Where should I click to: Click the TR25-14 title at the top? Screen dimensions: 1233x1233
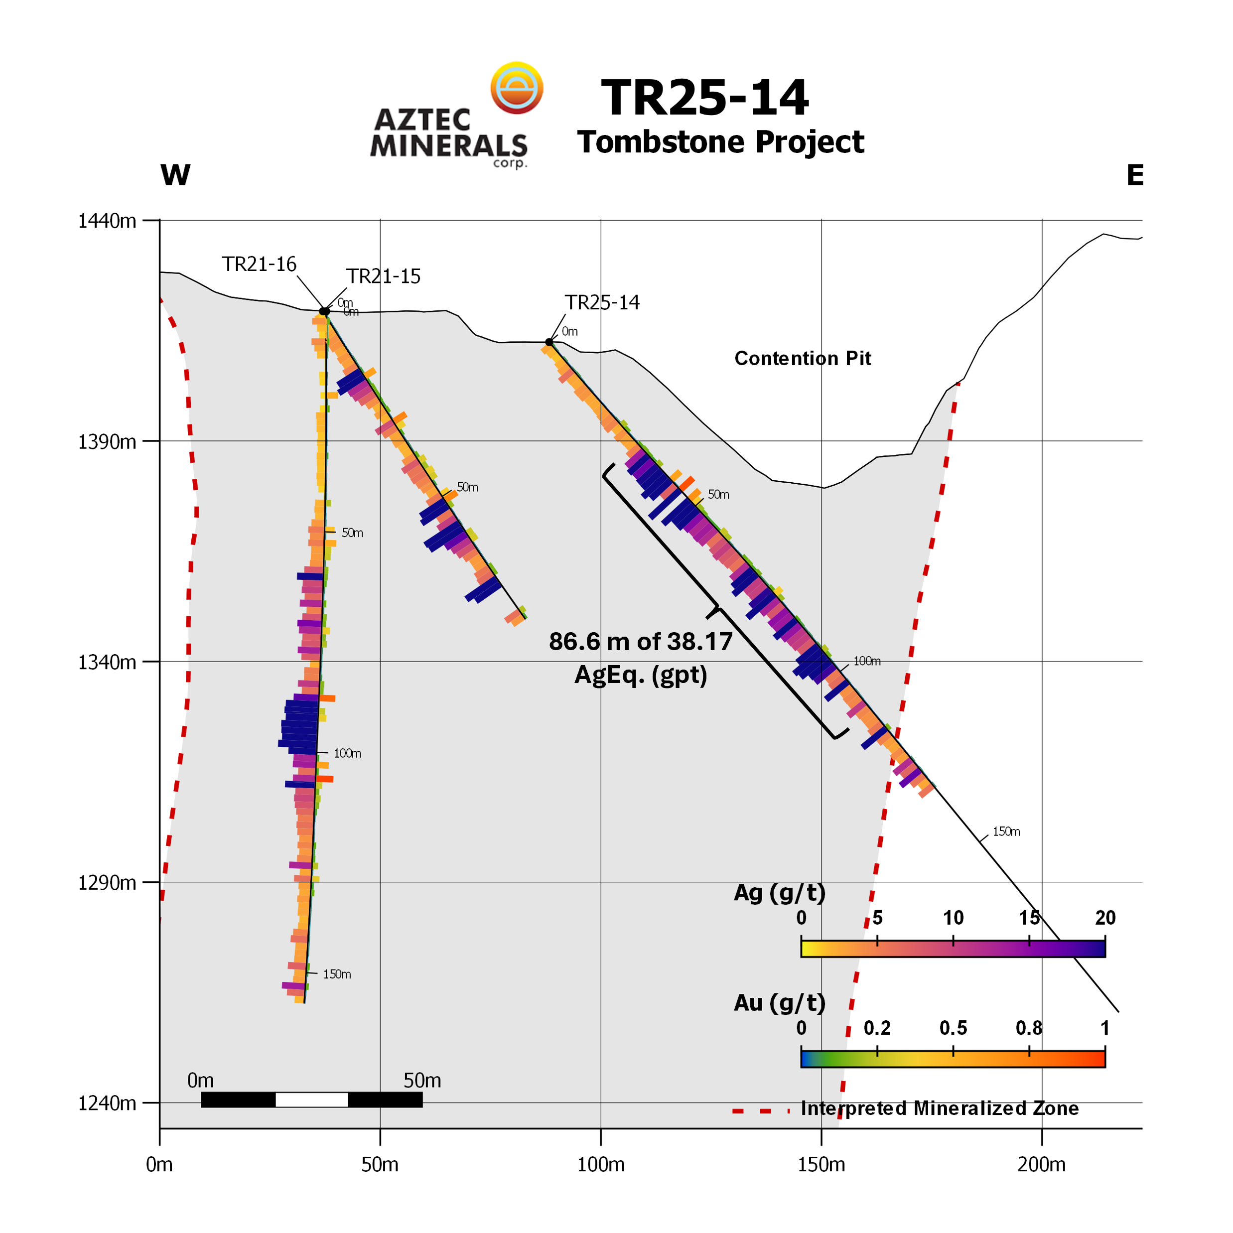click(x=704, y=98)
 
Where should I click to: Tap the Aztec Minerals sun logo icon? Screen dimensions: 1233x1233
click(x=516, y=88)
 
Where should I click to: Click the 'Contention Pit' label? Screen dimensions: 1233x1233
click(x=802, y=359)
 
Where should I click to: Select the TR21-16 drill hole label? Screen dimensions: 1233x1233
click(x=259, y=264)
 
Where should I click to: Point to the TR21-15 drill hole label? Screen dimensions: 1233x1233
click(x=383, y=276)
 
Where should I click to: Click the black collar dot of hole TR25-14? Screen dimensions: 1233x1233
click(x=549, y=342)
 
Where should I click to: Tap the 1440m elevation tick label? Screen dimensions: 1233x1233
click(x=107, y=221)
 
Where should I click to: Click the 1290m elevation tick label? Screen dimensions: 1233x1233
click(x=107, y=883)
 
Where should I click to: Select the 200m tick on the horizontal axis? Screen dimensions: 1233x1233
click(x=1042, y=1165)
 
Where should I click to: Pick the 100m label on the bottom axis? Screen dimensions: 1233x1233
click(x=600, y=1165)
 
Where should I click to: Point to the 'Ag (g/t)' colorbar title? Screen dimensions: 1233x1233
click(x=779, y=892)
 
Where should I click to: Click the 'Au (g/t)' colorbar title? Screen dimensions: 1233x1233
click(x=779, y=1003)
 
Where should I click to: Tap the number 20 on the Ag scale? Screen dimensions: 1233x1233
click(x=1105, y=918)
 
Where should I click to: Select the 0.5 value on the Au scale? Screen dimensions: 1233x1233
click(x=954, y=1028)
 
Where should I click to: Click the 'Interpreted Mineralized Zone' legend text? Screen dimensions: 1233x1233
click(x=940, y=1108)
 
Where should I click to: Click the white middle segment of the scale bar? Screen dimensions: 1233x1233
click(x=312, y=1099)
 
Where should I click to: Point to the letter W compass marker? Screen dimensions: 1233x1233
click(x=175, y=175)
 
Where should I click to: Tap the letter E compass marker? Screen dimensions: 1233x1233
click(x=1135, y=175)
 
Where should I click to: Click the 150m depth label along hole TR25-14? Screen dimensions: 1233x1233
click(x=1006, y=831)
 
